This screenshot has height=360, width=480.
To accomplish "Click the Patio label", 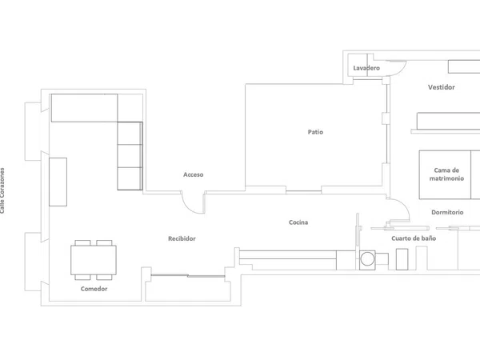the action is coord(315,132).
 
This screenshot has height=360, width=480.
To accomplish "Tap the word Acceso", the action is coord(193,174).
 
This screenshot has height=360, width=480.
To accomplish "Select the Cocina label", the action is coord(298,222).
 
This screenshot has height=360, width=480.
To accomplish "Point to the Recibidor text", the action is coord(182,238).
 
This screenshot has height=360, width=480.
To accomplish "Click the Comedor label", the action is coord(94,289).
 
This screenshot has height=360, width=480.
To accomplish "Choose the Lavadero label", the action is coord(366,68).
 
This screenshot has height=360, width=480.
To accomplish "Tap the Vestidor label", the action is coord(441,87).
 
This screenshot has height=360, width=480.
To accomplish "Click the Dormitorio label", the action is coord(447,212).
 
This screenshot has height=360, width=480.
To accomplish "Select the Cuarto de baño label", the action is coord(414,238).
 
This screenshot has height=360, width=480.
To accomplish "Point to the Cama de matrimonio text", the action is coord(446,174).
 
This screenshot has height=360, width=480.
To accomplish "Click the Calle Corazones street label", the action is coord(2,190).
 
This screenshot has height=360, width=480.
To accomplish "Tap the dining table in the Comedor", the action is coord(94,260).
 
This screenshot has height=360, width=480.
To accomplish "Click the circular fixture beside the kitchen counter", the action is coord(367,259).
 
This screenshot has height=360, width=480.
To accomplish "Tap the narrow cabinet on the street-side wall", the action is coord(58,182).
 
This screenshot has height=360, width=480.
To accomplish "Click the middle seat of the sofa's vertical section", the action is coord(130,156).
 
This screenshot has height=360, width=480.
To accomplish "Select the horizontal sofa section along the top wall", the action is coord(84,108).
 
